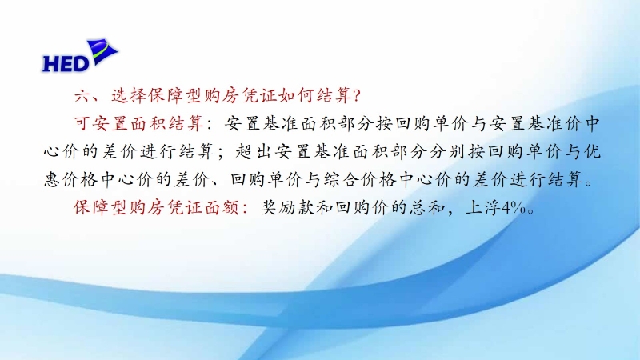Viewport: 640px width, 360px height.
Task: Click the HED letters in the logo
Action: click(66, 64)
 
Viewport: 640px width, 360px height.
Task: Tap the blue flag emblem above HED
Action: click(102, 51)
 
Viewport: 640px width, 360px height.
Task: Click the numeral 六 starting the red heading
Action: click(82, 96)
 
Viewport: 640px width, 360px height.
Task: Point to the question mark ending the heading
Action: click(356, 96)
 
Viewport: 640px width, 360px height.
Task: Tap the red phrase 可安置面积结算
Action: click(138, 124)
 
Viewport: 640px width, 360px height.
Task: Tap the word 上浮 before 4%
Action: click(484, 208)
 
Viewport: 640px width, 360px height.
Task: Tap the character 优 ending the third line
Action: click(592, 152)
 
